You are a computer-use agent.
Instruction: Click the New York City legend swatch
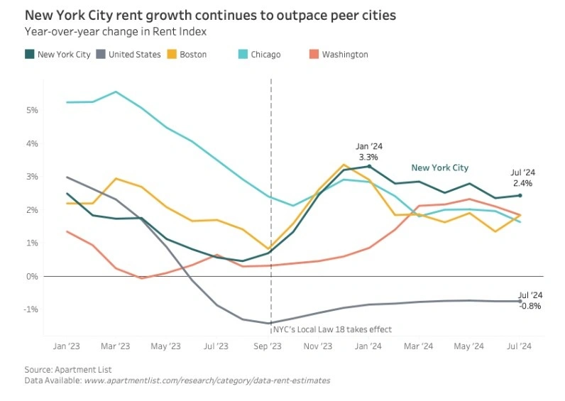(29, 55)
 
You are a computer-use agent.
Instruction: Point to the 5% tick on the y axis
(33, 111)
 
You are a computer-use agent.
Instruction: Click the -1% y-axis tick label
(31, 309)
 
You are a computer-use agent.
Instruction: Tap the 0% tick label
(33, 276)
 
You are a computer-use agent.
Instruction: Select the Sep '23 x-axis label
(267, 346)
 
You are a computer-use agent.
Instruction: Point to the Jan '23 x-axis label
(67, 346)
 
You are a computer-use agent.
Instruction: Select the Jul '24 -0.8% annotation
(530, 300)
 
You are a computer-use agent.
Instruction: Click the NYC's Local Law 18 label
(332, 329)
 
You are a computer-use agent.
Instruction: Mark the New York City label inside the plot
(439, 168)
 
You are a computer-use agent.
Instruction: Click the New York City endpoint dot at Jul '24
(520, 196)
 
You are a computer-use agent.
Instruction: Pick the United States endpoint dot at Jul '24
(520, 301)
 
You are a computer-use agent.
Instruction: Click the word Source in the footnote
(40, 370)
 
